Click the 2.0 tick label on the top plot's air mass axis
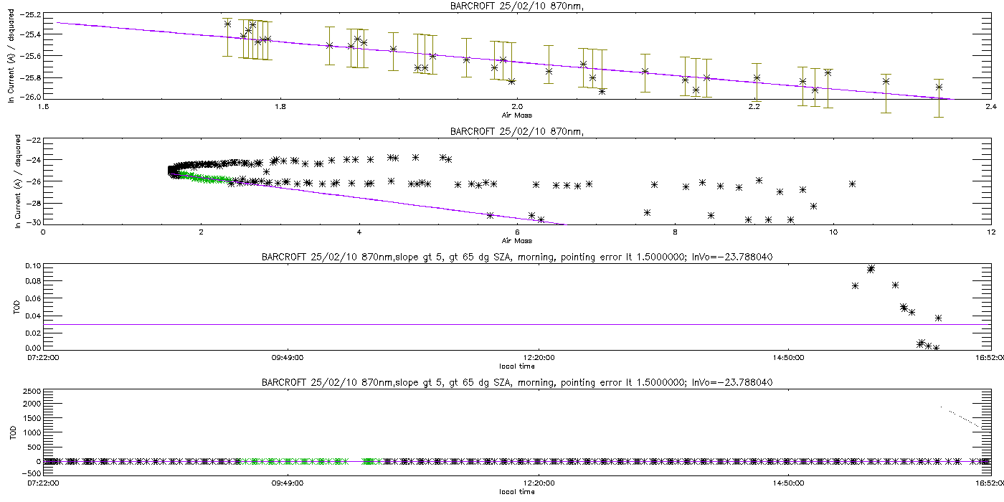tap(516, 108)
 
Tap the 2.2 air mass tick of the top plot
tap(754, 108)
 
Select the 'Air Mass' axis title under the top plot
tap(516, 115)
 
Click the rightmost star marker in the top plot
tap(939, 87)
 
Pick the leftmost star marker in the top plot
tap(227, 24)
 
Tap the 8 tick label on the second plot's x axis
tap(676, 232)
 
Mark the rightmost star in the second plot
tap(852, 184)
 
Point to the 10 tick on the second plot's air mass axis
tap(833, 232)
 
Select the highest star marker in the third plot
tap(871, 269)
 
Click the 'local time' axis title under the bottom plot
tap(516, 492)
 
